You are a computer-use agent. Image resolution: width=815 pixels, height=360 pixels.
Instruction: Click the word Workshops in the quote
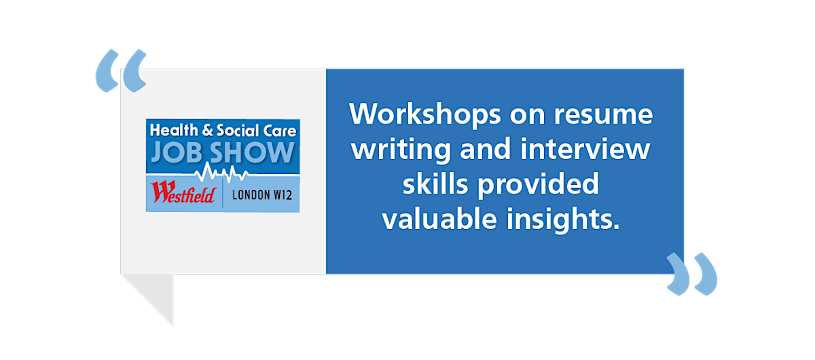coord(424,115)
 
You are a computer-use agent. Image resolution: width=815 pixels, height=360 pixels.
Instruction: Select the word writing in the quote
coord(401,150)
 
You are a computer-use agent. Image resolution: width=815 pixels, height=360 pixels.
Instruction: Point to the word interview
coord(585,149)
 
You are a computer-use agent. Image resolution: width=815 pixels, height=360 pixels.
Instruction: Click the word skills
coord(435,184)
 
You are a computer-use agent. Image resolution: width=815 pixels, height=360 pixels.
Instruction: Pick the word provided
coord(538,185)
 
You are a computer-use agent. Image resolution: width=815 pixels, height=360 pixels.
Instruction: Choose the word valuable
coord(439,219)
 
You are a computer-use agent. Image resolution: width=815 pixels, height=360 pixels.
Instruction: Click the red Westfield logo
coord(183,192)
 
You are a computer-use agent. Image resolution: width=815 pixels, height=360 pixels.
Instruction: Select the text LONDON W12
coord(262,195)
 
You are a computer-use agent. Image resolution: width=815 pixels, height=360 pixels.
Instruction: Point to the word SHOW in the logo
coord(252,152)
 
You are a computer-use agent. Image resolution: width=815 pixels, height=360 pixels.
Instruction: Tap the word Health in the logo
coord(174,130)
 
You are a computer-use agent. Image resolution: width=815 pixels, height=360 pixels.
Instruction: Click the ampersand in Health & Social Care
coord(207,130)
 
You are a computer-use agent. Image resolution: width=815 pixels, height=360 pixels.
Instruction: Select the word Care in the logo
coord(280,131)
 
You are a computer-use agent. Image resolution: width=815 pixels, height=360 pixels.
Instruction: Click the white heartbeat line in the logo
coord(222,173)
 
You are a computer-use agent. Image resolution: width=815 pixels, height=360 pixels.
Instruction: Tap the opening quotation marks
coord(121,71)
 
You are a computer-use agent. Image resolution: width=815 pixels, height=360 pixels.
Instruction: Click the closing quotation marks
coord(691,274)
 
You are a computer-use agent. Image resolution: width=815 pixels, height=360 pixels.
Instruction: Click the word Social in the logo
coord(238,130)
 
